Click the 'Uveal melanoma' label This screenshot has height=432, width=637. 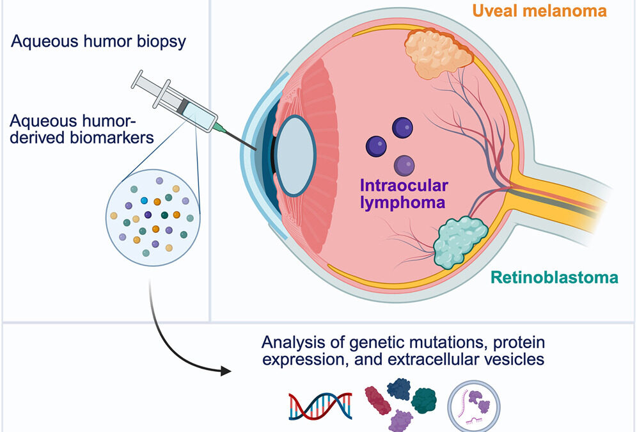click(549, 11)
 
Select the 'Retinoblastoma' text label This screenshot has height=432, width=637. click(554, 278)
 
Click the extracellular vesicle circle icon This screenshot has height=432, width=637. click(473, 405)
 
